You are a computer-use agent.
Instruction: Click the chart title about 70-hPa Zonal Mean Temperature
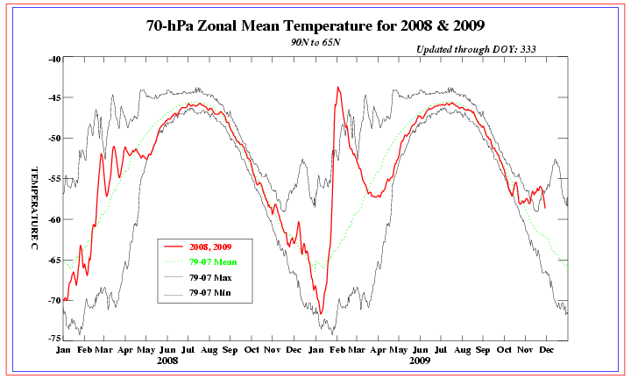(x=315, y=25)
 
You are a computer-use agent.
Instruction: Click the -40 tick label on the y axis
(x=54, y=59)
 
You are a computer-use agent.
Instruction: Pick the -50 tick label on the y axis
(x=54, y=139)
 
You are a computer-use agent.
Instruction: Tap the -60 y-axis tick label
(x=54, y=219)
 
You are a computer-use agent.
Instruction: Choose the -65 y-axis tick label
(x=54, y=260)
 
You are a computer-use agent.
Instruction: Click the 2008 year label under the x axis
(x=167, y=361)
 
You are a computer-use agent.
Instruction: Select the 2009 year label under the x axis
(x=420, y=361)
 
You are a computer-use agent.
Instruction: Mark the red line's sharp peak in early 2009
(x=337, y=87)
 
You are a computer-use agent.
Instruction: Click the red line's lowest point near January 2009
(x=321, y=313)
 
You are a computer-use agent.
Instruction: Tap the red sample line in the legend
(x=174, y=247)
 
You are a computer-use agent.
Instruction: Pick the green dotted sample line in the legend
(x=174, y=261)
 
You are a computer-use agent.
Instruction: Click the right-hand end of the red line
(x=545, y=208)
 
